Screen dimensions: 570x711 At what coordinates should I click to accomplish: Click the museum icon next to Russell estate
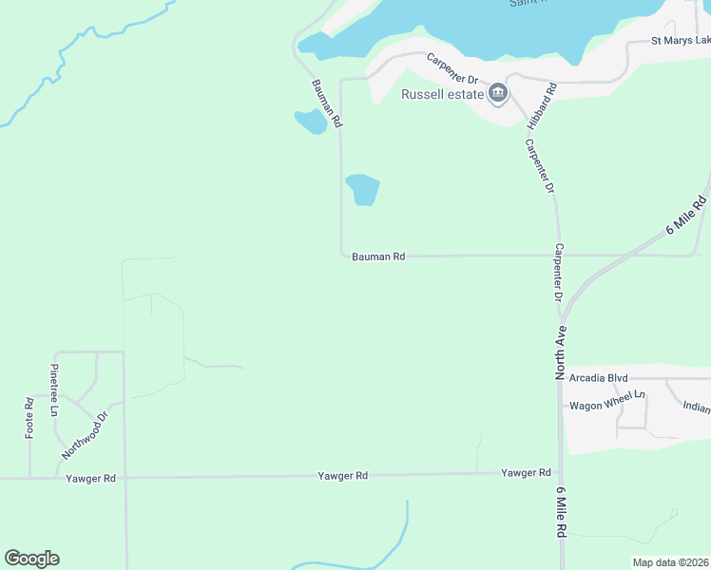pos(498,93)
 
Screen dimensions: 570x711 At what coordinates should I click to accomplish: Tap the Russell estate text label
pos(443,94)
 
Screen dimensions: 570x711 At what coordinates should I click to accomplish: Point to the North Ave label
pos(561,353)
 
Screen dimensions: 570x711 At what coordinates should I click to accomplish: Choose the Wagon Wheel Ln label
pos(606,406)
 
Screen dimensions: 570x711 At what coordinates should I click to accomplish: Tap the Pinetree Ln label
pos(54,389)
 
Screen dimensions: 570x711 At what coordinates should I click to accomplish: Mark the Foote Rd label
pos(29,418)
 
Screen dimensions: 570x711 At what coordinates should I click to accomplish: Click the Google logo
pos(31,559)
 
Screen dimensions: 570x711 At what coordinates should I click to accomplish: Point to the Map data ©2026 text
pos(670,562)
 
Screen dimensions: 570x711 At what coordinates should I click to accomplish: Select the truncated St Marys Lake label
pos(681,41)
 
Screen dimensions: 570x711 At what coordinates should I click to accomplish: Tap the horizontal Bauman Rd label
pos(378,256)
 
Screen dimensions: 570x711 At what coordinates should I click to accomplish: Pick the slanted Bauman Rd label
pos(326,104)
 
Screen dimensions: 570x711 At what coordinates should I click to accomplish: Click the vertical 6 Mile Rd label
pos(561,513)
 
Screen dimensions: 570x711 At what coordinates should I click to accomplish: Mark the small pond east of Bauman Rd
pos(362,189)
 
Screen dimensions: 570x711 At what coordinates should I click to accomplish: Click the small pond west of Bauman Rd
pos(310,122)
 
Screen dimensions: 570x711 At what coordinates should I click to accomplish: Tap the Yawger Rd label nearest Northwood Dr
pos(90,479)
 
